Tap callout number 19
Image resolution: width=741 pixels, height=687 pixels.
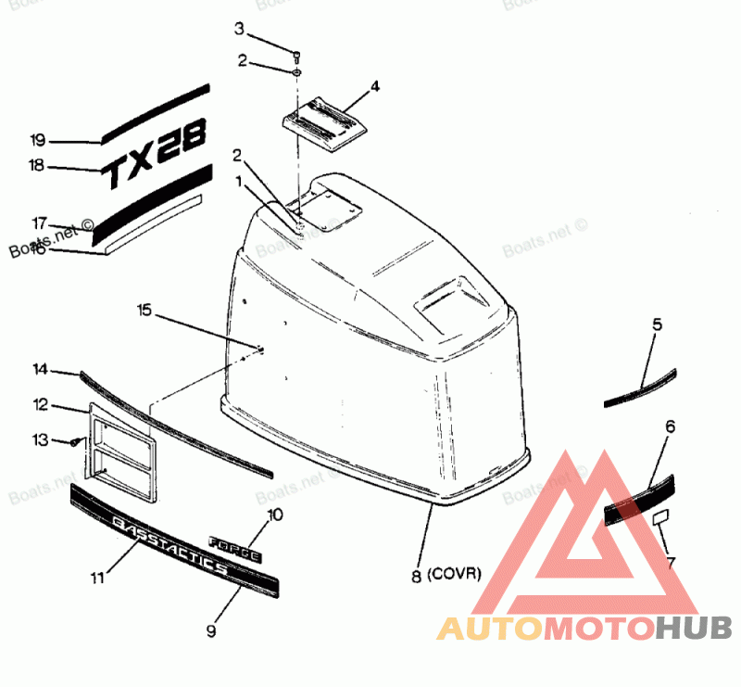[38, 141]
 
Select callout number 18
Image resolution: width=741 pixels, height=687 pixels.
[38, 166]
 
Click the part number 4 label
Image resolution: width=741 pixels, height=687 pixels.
[375, 87]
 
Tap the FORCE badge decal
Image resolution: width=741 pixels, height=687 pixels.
[236, 548]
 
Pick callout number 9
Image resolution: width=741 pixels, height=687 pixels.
[211, 630]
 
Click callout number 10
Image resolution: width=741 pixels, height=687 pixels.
[275, 515]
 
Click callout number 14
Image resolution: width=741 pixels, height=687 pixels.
[40, 369]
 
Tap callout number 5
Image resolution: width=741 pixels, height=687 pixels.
[657, 324]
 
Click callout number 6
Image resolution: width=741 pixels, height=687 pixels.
[670, 426]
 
